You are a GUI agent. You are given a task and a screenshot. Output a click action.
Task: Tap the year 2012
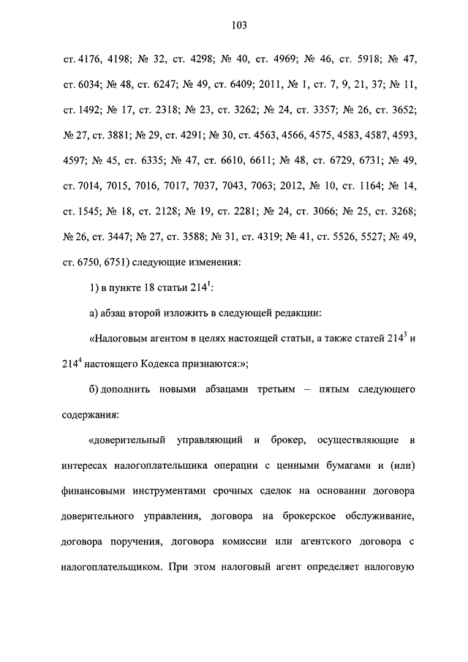pyautogui.click(x=283, y=186)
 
